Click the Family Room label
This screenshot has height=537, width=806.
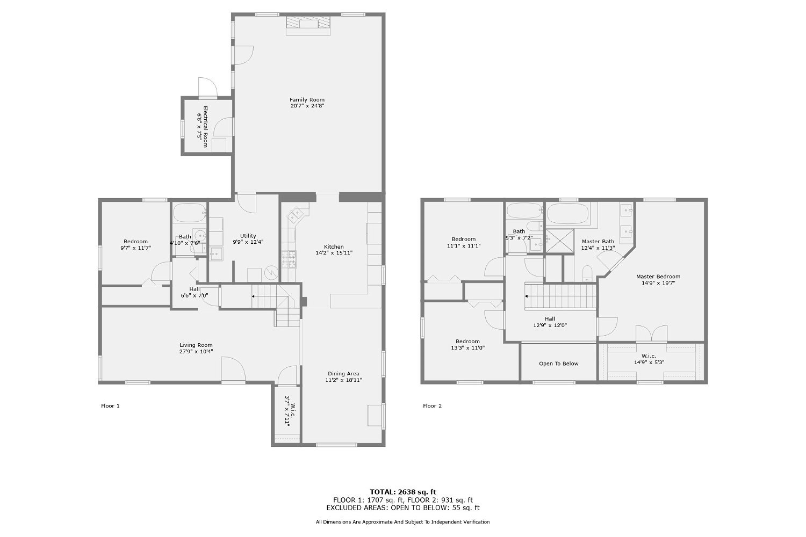point(307,100)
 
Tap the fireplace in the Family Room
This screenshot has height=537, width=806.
point(308,25)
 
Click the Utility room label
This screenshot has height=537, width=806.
point(248,236)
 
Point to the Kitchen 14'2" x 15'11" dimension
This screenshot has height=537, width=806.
point(334,252)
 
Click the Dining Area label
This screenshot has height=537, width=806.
point(343,374)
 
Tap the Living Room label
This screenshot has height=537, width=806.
point(196,345)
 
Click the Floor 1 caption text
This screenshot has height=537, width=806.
point(110,406)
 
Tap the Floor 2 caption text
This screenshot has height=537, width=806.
point(432,406)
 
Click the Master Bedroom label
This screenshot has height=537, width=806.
point(658,277)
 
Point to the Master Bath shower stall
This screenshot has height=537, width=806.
point(559,240)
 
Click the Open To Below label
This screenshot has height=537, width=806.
point(558,364)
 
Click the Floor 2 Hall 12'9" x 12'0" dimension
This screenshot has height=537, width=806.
point(550,325)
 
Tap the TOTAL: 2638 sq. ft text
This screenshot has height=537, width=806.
point(402,491)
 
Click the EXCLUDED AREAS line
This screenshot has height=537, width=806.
point(402,507)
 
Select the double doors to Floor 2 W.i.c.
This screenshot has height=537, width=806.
point(652,333)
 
